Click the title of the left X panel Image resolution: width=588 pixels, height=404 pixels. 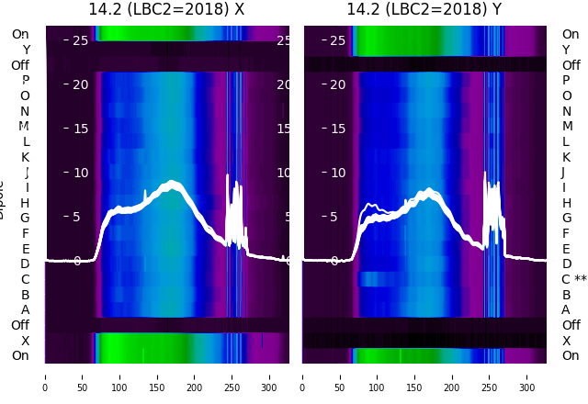166,9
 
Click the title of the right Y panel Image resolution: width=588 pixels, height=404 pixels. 424,9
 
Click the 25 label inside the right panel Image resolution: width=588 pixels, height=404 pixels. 338,40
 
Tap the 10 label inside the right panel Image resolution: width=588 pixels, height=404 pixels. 338,173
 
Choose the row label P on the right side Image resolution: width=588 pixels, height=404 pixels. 566,80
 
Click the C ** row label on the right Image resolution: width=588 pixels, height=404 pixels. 573,279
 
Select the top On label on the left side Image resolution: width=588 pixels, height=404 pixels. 20,34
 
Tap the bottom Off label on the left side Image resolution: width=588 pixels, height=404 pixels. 20,325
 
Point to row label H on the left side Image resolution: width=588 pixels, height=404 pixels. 25,203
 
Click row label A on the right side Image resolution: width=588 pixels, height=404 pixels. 566,309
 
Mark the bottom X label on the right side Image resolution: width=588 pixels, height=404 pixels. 566,341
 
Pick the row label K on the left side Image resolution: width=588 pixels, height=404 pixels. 25,157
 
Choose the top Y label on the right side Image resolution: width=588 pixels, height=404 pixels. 566,50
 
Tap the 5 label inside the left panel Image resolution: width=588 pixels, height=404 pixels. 77,218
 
